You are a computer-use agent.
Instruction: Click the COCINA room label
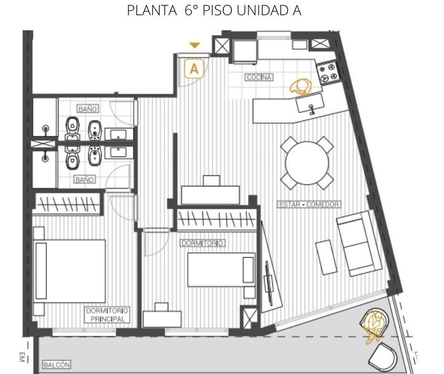click(259, 77)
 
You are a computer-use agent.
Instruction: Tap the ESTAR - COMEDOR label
click(309, 204)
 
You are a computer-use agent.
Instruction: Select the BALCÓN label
click(57, 364)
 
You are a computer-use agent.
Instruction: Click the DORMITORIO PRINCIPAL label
click(107, 315)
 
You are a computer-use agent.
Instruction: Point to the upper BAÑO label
click(87, 109)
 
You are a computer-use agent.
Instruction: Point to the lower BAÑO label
click(85, 179)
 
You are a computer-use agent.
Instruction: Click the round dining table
click(307, 163)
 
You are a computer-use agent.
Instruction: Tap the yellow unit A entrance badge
click(194, 68)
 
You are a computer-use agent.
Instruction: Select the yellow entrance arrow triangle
click(195, 45)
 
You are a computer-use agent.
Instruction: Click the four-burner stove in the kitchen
click(328, 73)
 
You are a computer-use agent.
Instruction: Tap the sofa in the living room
click(359, 243)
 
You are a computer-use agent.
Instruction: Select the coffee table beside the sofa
click(327, 257)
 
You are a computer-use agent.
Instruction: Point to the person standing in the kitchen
click(301, 87)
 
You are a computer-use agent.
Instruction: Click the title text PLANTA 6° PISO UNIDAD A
click(214, 10)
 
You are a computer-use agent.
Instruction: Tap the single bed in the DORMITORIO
click(221, 270)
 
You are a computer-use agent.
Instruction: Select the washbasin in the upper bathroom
click(119, 134)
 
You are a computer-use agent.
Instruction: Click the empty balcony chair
click(382, 357)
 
